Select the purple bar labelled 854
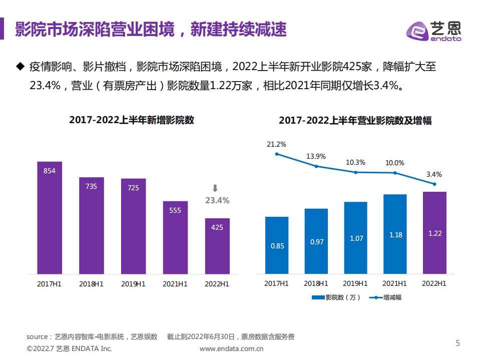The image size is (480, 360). pyautogui.click(x=50, y=218)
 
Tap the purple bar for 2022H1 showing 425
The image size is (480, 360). pyautogui.click(x=217, y=246)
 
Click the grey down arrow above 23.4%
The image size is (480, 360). pyautogui.click(x=215, y=188)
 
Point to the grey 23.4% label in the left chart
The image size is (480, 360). pyautogui.click(x=217, y=200)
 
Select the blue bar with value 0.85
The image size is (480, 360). pyautogui.click(x=277, y=245)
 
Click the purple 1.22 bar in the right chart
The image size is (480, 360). pyautogui.click(x=434, y=233)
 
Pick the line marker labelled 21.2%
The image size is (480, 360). pyautogui.click(x=277, y=154)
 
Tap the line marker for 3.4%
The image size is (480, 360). pyautogui.click(x=434, y=184)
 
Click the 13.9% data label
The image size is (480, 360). pyautogui.click(x=316, y=156)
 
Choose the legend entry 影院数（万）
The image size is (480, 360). pyautogui.click(x=336, y=297)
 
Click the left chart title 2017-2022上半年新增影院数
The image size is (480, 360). pyautogui.click(x=132, y=120)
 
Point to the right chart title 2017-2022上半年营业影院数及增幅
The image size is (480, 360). pyautogui.click(x=355, y=121)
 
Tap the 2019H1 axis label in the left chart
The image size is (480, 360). pyautogui.click(x=133, y=283)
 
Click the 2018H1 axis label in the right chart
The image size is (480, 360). pyautogui.click(x=316, y=283)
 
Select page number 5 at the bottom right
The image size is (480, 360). pyautogui.click(x=457, y=343)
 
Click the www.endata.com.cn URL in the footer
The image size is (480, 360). pyautogui.click(x=231, y=348)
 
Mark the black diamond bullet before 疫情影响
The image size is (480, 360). pyautogui.click(x=20, y=66)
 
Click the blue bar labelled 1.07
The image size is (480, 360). pyautogui.click(x=356, y=238)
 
